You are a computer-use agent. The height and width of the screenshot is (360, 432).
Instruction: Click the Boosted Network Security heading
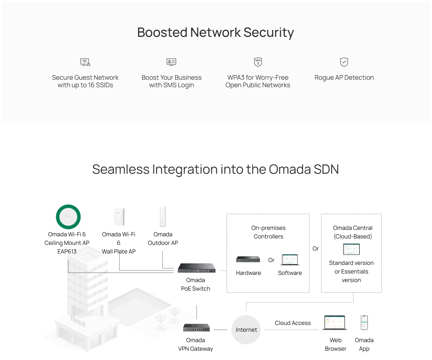tap(215, 33)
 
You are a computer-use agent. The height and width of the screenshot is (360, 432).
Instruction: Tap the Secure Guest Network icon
tap(85, 62)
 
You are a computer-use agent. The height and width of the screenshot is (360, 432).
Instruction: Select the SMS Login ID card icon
tap(172, 62)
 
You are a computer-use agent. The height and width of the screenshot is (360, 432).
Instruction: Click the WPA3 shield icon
tap(258, 62)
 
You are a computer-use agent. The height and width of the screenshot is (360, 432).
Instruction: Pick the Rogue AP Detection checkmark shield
tap(344, 62)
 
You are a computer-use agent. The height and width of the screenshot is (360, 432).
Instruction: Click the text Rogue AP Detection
tap(344, 78)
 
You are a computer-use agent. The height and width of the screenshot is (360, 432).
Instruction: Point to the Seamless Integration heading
tap(215, 169)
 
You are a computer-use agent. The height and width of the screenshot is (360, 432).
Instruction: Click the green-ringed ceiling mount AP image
tap(68, 217)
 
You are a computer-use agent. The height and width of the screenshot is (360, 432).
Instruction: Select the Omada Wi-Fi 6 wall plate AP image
tap(119, 217)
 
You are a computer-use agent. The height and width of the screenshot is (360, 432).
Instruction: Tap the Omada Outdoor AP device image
tap(163, 217)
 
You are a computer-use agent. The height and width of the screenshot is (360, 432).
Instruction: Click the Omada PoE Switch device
tap(196, 268)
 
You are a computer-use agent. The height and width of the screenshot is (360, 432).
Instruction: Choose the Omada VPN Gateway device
tap(196, 327)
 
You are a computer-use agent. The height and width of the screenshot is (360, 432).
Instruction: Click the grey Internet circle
tap(246, 330)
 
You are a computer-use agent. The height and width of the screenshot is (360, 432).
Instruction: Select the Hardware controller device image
tap(248, 259)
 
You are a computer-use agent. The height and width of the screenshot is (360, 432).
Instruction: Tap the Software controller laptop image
tap(290, 260)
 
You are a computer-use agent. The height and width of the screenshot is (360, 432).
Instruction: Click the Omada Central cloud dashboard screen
tap(351, 249)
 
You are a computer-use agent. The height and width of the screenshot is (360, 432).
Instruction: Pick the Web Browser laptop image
tap(335, 323)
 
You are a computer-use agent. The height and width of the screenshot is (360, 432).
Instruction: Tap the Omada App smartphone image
tap(364, 323)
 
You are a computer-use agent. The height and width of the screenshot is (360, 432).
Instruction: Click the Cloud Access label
tap(293, 323)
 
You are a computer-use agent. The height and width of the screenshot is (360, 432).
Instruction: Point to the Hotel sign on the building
tap(78, 321)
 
